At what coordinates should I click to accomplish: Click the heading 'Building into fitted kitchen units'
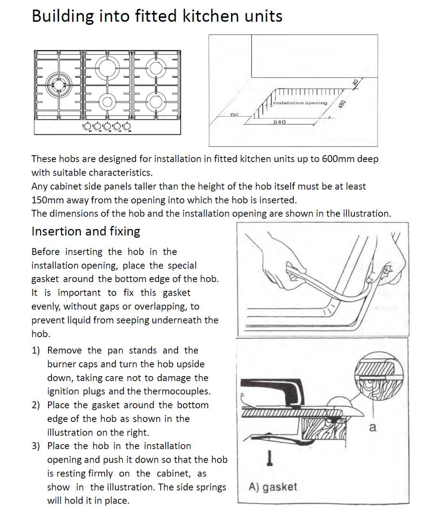(157, 16)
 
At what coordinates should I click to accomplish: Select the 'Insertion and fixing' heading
(86, 231)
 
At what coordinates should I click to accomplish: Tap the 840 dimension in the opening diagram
(280, 122)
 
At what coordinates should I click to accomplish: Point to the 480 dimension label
(342, 104)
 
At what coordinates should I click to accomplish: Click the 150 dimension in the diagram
(234, 115)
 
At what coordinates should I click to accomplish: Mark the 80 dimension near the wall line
(355, 83)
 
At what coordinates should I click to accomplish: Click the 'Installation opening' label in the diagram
(300, 103)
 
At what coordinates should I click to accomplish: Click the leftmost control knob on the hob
(87, 126)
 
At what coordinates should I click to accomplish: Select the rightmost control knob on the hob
(126, 126)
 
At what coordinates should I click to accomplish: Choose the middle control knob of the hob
(107, 126)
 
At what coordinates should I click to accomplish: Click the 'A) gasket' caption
(273, 487)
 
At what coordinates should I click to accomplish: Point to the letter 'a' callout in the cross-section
(372, 427)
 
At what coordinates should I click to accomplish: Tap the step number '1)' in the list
(36, 351)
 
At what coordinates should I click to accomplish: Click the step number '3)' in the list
(36, 446)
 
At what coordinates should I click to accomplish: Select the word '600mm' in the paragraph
(337, 159)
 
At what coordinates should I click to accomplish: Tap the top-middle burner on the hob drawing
(107, 67)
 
